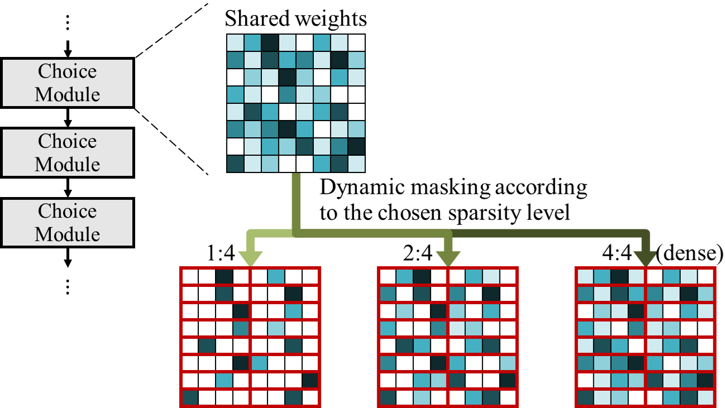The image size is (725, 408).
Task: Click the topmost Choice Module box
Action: pyautogui.click(x=67, y=83)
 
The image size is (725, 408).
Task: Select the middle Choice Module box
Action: pyautogui.click(x=67, y=152)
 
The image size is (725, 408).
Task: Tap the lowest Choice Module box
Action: pyautogui.click(x=67, y=222)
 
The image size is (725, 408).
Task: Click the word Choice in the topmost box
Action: pyautogui.click(x=67, y=71)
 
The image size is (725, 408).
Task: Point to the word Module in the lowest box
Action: pyautogui.click(x=67, y=234)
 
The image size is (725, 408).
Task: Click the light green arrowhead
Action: pyautogui.click(x=250, y=258)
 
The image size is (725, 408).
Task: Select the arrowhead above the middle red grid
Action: pyautogui.click(x=447, y=258)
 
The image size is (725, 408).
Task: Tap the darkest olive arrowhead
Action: pyautogui.click(x=645, y=258)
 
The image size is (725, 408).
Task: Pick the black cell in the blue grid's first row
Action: pyautogui.click(x=270, y=43)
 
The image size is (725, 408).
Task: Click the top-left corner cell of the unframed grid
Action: pyautogui.click(x=235, y=43)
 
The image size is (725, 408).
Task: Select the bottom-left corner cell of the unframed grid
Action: pyautogui.click(x=235, y=164)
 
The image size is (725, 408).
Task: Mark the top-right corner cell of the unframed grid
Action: pyautogui.click(x=356, y=43)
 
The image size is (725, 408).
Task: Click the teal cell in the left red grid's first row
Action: pyautogui.click(x=276, y=277)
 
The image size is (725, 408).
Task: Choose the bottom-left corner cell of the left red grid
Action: pyautogui.click(x=190, y=398)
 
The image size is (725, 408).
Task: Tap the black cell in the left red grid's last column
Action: pyautogui.click(x=310, y=381)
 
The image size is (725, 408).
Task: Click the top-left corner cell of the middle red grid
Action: pyautogui.click(x=388, y=277)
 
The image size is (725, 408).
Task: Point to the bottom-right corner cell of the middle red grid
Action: pyautogui.click(x=508, y=398)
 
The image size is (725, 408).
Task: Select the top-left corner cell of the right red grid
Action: pyautogui.click(x=585, y=277)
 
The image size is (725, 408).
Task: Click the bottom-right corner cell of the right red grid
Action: pyautogui.click(x=705, y=398)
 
